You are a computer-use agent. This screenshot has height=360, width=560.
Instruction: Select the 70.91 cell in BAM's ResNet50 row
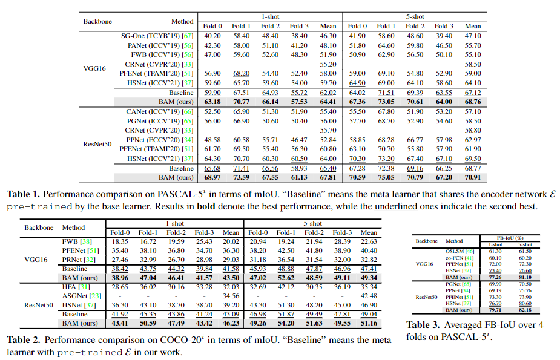coord(472,177)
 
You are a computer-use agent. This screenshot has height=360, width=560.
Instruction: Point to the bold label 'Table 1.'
coord(24,195)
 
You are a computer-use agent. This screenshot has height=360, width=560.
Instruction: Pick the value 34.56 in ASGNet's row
coord(231,296)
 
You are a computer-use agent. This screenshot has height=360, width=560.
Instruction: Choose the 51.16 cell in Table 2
coord(369,324)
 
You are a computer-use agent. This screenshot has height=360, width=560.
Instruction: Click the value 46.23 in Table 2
coord(231,324)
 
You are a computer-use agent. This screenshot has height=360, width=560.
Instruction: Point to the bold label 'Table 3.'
coord(423,326)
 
